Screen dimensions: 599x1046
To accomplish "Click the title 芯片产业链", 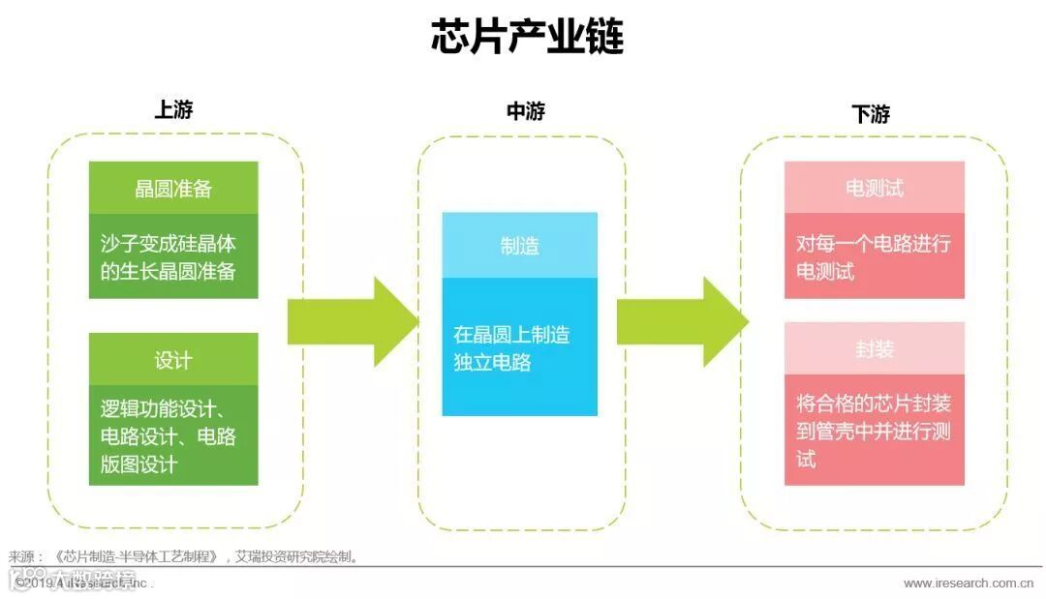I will click(x=527, y=37).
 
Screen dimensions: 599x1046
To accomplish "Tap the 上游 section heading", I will click(x=174, y=109).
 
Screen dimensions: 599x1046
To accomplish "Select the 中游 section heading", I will click(x=525, y=111).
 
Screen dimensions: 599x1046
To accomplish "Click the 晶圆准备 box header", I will click(x=173, y=188).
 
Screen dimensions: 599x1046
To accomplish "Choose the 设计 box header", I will click(x=173, y=360).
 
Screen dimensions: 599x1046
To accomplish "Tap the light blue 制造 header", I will click(x=519, y=246).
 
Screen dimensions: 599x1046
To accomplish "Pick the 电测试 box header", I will click(x=874, y=187).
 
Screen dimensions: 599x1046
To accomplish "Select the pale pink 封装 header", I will click(x=874, y=349).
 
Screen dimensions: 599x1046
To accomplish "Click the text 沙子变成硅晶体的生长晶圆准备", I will click(x=169, y=256).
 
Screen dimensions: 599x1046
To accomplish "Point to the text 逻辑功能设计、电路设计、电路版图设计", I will click(x=169, y=435).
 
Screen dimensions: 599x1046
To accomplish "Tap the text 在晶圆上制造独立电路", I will click(x=511, y=348).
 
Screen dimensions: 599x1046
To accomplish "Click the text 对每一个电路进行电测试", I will click(x=874, y=256).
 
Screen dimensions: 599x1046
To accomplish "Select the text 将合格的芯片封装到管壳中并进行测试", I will click(x=874, y=430).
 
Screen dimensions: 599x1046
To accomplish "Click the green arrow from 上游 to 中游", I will click(x=352, y=321).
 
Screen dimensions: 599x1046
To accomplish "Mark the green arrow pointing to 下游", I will click(x=682, y=321).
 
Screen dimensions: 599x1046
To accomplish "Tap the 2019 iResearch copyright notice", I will click(x=83, y=583).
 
